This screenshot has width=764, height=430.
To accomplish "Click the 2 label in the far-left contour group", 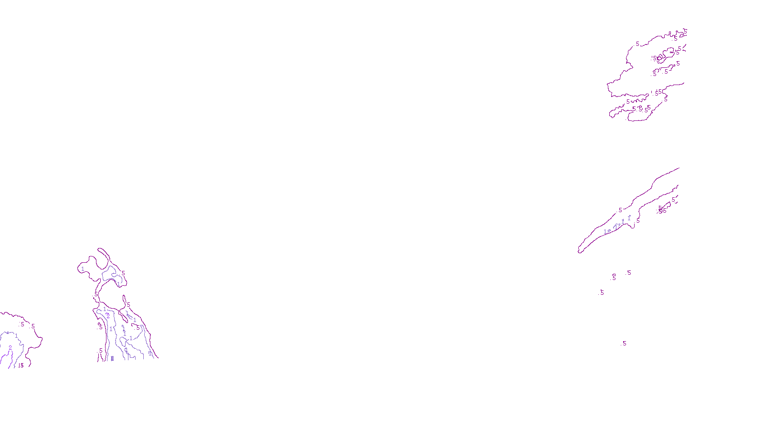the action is tap(10, 348).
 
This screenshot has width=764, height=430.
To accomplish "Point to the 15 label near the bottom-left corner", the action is tap(21, 365).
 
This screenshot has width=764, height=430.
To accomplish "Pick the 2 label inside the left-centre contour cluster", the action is tap(108, 316).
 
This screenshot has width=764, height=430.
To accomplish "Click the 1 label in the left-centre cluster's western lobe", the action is tap(83, 269).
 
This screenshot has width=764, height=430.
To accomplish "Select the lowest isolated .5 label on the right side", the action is tap(624, 344).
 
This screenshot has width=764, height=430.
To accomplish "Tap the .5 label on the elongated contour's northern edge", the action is tap(620, 210).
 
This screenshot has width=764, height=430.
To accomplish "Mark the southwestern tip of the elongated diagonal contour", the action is tap(579, 251).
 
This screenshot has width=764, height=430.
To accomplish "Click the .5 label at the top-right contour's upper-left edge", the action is tap(637, 44).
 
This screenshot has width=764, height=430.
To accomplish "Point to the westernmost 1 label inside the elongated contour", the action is tap(605, 232).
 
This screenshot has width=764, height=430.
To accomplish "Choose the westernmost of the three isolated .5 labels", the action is tap(602, 292).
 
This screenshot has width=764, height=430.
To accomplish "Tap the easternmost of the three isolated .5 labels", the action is tap(629, 273).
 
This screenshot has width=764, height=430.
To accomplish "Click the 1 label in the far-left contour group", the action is tap(16, 336).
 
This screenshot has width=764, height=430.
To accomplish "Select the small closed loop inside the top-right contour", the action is tap(660, 58).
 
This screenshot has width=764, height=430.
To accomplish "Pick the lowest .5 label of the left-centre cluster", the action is tap(100, 351).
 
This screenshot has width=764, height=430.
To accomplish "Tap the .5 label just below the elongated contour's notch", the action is tap(638, 221).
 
